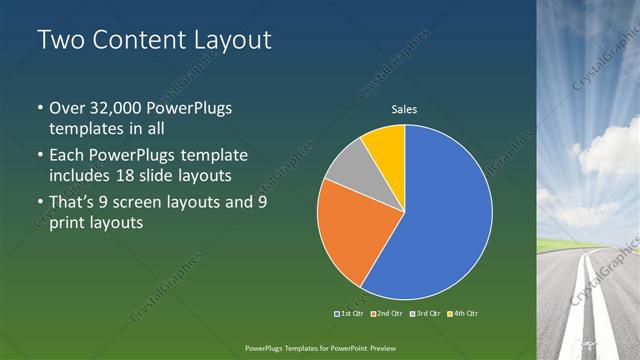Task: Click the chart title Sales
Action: [404, 109]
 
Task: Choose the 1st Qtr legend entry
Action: [349, 314]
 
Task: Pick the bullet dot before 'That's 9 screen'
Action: [39, 203]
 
